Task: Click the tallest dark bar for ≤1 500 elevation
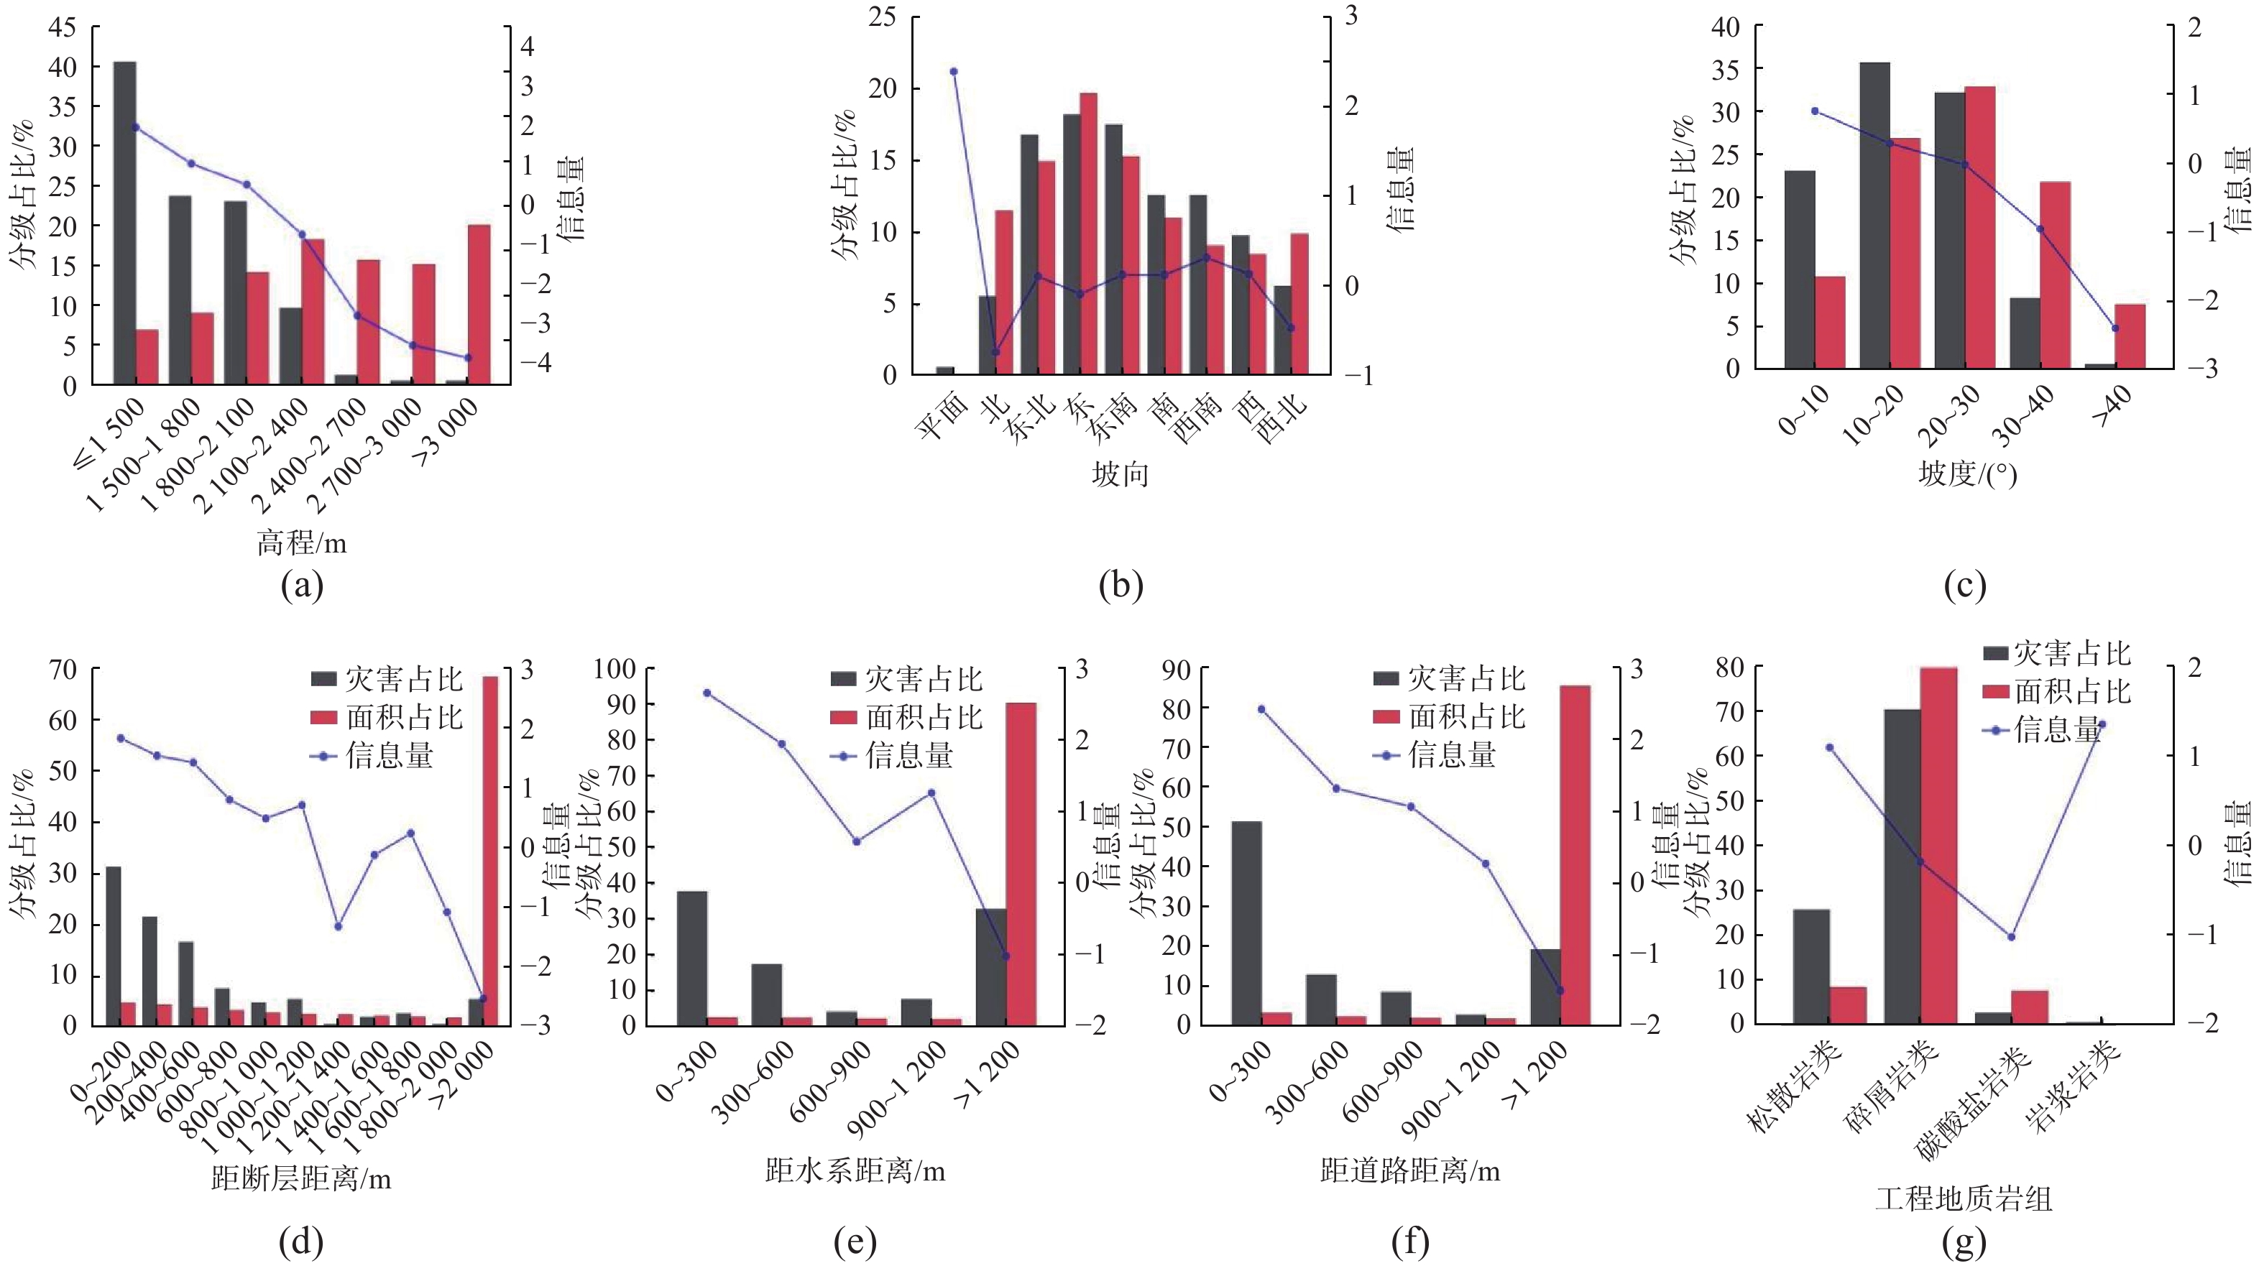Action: [125, 223]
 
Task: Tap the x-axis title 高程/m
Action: [301, 543]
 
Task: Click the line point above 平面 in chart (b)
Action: [954, 71]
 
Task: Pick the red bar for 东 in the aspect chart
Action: [1089, 234]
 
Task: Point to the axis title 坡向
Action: [1120, 474]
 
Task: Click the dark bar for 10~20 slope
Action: [1874, 216]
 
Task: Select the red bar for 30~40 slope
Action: [2055, 275]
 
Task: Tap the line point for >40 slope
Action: [2115, 328]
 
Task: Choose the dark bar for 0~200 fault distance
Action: [114, 946]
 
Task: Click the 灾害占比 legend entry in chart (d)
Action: [387, 679]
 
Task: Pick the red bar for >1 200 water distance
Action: [1021, 864]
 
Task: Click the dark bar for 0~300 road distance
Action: [1246, 923]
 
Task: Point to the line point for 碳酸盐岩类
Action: [2011, 936]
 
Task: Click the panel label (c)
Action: [1964, 585]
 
